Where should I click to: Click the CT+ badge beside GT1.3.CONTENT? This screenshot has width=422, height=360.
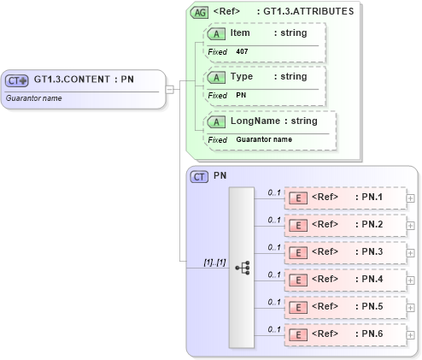tap(17, 80)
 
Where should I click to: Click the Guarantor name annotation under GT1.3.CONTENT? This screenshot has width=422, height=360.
tap(32, 98)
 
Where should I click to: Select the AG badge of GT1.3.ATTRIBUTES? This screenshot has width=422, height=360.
tap(200, 13)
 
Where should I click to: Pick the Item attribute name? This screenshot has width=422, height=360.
tap(240, 32)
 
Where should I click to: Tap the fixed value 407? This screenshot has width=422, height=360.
tap(242, 51)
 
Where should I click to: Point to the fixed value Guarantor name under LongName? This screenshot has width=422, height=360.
tap(264, 139)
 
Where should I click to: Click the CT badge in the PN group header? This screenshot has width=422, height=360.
tap(199, 177)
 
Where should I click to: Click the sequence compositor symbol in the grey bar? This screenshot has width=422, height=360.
tap(242, 267)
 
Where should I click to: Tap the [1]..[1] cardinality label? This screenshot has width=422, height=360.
tap(214, 262)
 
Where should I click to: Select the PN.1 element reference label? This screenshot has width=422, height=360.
tap(371, 198)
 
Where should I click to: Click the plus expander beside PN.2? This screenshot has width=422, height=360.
tap(411, 226)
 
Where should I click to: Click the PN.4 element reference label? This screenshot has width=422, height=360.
tap(371, 279)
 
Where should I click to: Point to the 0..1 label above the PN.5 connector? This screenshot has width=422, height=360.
tap(274, 301)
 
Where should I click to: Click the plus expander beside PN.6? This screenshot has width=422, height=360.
tap(411, 334)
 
